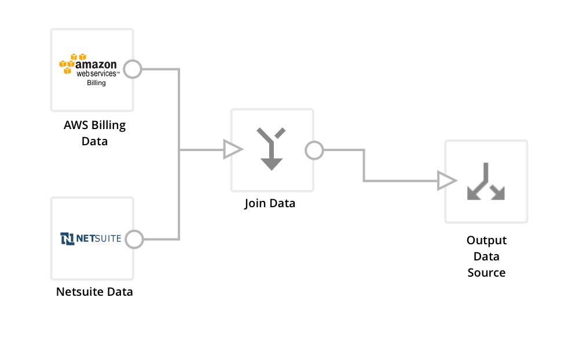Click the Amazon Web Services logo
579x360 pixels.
pyautogui.click(x=89, y=65)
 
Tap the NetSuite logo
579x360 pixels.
pyautogui.click(x=91, y=238)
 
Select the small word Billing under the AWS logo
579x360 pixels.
pyautogui.click(x=96, y=83)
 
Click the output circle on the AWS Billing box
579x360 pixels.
pyautogui.click(x=133, y=69)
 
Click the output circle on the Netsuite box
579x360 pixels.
pyautogui.click(x=134, y=239)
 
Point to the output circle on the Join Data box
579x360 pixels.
pyautogui.click(x=314, y=150)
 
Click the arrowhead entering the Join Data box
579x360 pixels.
pyautogui.click(x=232, y=150)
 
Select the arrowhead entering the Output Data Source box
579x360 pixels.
pyautogui.click(x=446, y=181)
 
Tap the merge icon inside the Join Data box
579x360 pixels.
pyautogui.click(x=271, y=149)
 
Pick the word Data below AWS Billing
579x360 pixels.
pyautogui.click(x=94, y=141)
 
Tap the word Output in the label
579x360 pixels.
pyautogui.click(x=486, y=240)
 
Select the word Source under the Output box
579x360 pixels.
pyautogui.click(x=486, y=273)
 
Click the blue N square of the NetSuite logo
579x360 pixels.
pyautogui.click(x=67, y=238)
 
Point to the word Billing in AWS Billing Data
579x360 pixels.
pyautogui.click(x=108, y=125)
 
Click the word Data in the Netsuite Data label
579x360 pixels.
pyautogui.click(x=120, y=292)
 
